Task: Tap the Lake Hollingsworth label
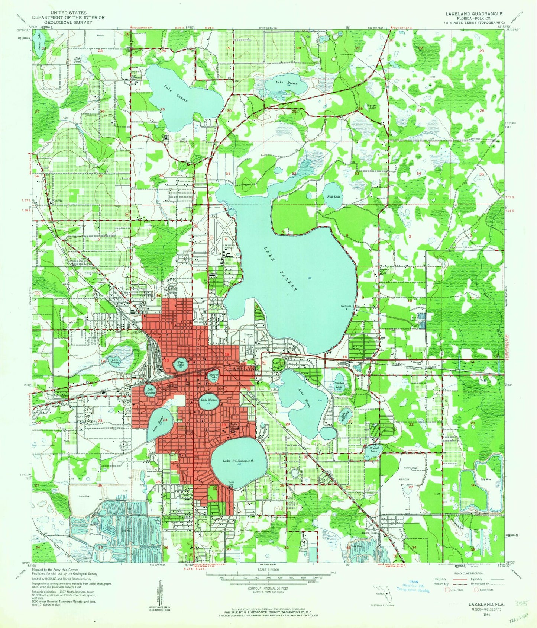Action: coord(238,461)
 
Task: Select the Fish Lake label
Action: coord(333,196)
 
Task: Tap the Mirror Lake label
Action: coord(213,376)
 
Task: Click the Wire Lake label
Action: coord(181,364)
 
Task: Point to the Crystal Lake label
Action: coord(374,449)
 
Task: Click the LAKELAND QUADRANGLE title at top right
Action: coord(469,13)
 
